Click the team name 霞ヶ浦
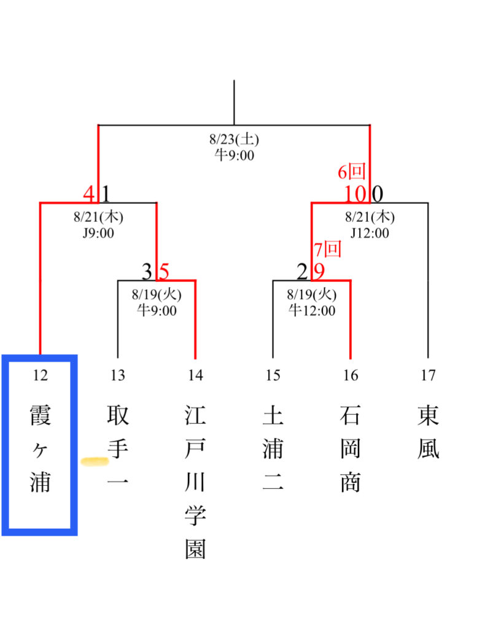[40, 449]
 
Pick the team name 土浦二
[273, 449]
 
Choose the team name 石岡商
[350, 449]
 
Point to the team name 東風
[427, 433]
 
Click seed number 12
[40, 376]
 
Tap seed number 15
[273, 376]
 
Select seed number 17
[427, 376]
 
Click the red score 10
[355, 194]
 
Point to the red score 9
[319, 271]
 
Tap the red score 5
[164, 271]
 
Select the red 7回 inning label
[327, 250]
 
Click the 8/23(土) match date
[234, 139]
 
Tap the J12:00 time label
[369, 233]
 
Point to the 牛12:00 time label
[312, 310]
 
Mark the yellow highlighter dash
[95, 460]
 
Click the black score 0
[378, 194]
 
